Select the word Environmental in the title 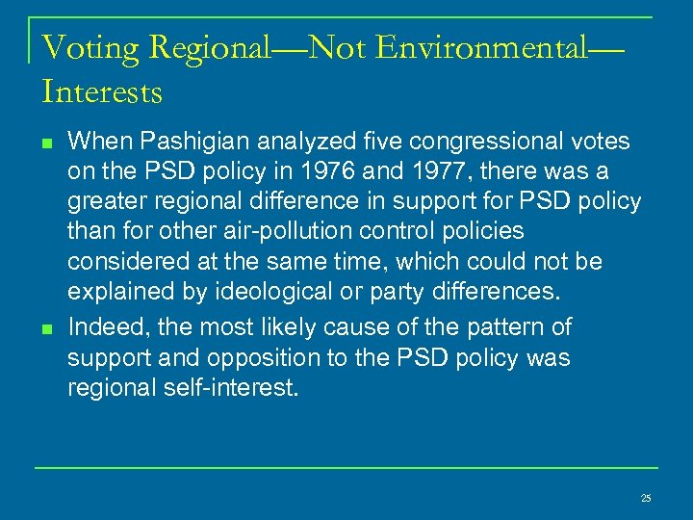pyautogui.click(x=480, y=46)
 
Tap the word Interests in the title pyautogui.click(x=103, y=92)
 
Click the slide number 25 pyautogui.click(x=645, y=498)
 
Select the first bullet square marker pyautogui.click(x=46, y=143)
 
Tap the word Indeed pyautogui.click(x=104, y=326)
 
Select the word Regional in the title pyautogui.click(x=205, y=47)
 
